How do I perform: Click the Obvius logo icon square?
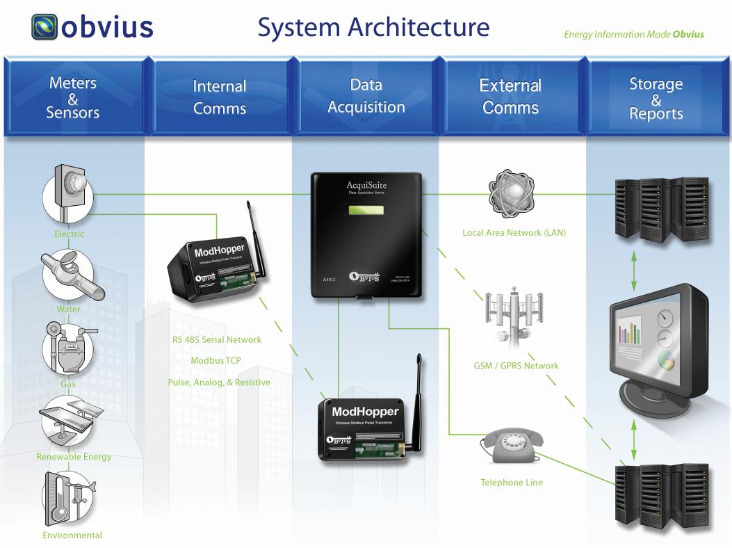coord(44,27)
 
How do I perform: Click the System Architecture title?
coord(373,28)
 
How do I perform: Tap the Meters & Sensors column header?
coord(73,97)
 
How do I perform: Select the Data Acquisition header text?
coord(366,96)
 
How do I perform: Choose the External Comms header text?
coord(510,97)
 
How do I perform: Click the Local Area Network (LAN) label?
coord(514,233)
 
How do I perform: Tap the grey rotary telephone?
coord(512,445)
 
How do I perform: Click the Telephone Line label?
coord(512,483)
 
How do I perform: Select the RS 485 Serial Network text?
coord(217,340)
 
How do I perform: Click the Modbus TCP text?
coord(215,361)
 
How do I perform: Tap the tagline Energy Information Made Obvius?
coord(633,34)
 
